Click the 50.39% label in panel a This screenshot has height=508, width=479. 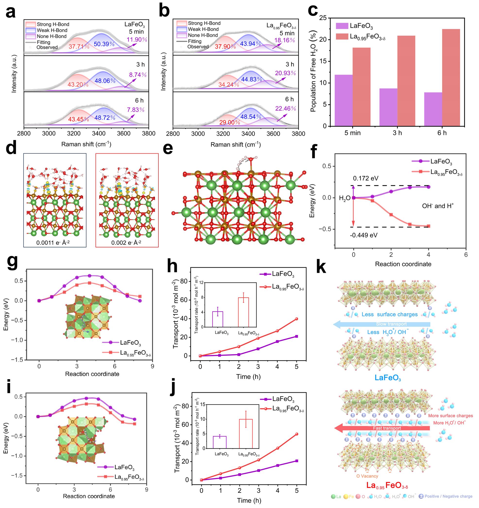(x=104, y=44)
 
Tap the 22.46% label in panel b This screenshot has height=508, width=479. (x=285, y=108)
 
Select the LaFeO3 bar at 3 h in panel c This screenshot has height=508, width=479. (x=388, y=107)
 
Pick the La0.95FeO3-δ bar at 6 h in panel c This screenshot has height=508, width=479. (x=451, y=77)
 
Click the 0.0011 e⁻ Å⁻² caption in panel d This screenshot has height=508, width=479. (x=53, y=242)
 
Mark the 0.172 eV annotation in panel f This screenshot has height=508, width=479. (x=366, y=178)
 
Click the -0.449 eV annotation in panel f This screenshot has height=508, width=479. (x=363, y=235)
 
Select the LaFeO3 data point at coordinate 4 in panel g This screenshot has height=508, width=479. (x=89, y=276)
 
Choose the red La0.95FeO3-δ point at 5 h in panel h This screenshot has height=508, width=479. (x=296, y=319)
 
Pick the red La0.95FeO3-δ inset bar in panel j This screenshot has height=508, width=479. (x=246, y=434)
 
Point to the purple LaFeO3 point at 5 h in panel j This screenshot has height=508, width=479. (x=297, y=461)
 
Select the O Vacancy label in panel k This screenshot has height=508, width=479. (x=367, y=476)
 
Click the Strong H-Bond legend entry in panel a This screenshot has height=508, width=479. (x=53, y=24)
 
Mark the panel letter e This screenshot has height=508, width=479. (x=168, y=149)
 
